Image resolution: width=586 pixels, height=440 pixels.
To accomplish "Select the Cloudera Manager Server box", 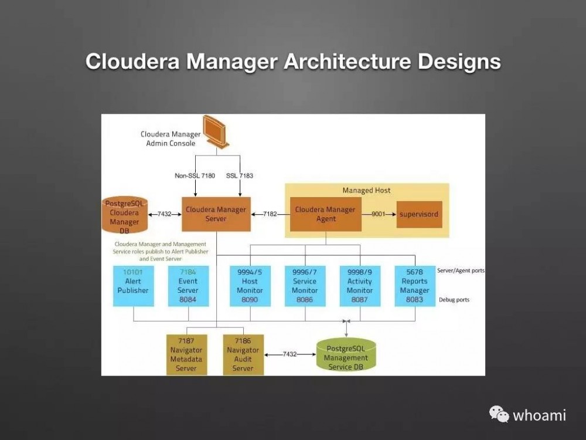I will [216, 214].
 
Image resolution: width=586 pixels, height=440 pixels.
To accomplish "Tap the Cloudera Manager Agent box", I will [325, 214].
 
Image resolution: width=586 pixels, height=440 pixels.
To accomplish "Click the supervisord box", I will [419, 214].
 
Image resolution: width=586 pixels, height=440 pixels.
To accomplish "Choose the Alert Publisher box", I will [134, 286].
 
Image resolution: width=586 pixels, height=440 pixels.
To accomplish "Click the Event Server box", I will [188, 286].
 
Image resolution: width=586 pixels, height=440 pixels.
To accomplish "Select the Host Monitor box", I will [250, 286].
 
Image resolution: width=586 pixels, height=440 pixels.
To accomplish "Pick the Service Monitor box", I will [305, 286].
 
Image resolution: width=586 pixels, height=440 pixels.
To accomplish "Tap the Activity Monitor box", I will [360, 286].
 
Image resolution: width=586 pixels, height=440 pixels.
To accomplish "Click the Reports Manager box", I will [415, 286].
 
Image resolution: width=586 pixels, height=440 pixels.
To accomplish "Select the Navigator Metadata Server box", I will [187, 354].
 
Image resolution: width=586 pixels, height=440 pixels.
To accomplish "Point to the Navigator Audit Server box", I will [243, 354].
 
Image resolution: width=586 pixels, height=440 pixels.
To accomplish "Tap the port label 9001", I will [379, 214].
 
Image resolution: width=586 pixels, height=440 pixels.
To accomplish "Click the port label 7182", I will [270, 214].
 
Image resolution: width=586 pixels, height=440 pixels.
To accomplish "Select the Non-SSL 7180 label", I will [195, 175].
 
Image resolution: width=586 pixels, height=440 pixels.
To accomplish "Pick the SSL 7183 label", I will [240, 175].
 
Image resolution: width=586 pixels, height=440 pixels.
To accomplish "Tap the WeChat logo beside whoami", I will [499, 415].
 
